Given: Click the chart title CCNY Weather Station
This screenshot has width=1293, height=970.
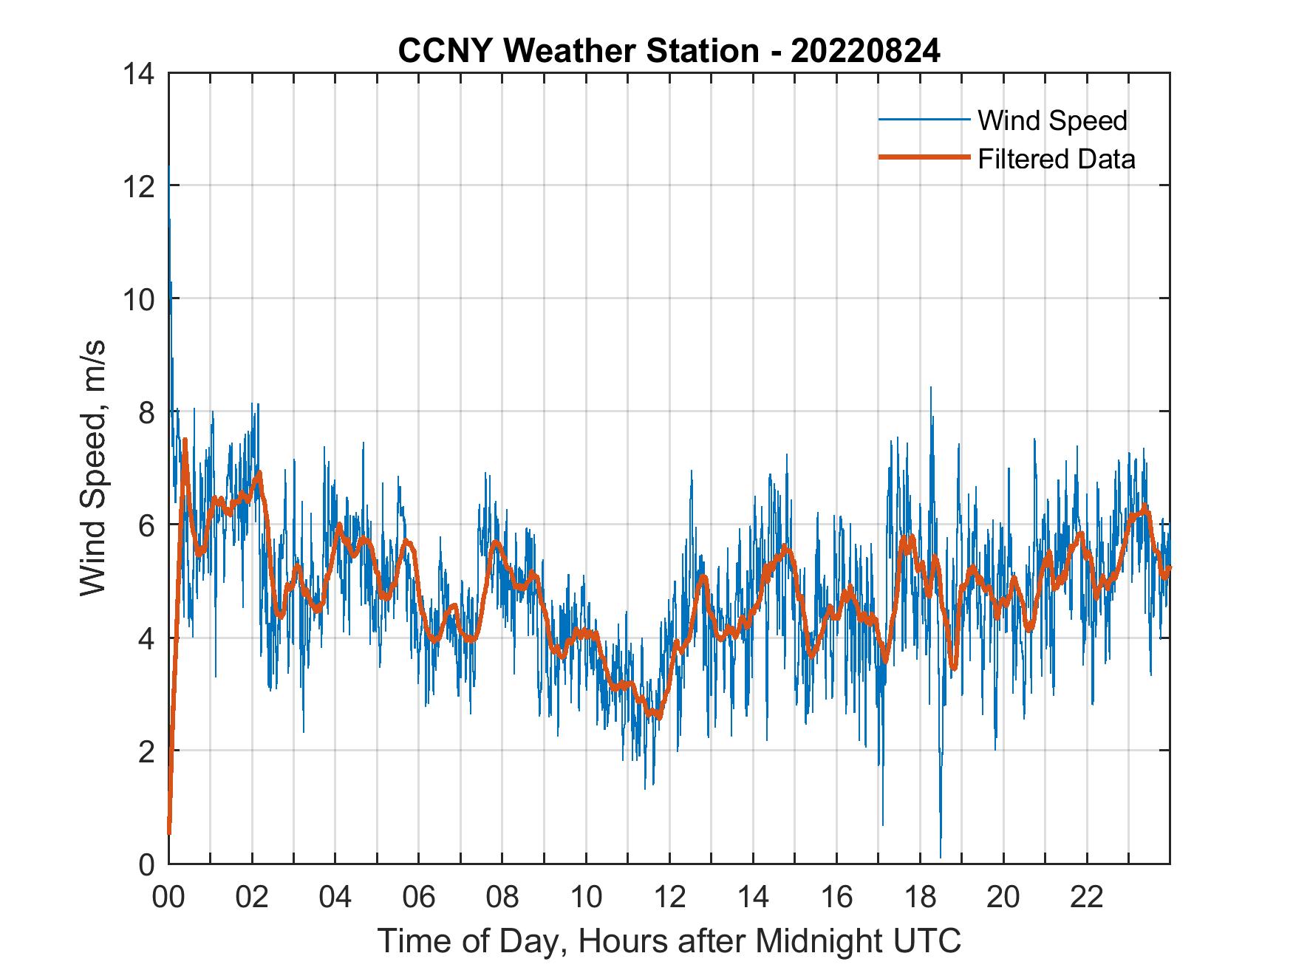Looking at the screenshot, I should tap(578, 51).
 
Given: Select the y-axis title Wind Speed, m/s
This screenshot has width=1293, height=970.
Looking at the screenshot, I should tap(93, 468).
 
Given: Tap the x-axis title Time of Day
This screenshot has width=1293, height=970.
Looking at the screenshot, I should tap(669, 940).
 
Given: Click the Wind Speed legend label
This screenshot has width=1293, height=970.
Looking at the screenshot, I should tap(1052, 120).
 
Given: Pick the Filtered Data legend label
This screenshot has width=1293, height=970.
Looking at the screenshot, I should tap(1056, 159).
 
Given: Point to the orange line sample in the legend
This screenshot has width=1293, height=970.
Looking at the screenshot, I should tap(924, 157).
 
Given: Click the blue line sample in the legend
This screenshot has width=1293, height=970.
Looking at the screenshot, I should tap(924, 120).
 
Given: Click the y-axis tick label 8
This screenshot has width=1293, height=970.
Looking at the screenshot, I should tap(146, 412).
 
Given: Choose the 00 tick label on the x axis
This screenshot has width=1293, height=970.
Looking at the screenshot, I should tap(168, 898).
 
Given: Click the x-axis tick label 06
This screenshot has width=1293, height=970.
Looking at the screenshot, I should tap(419, 898).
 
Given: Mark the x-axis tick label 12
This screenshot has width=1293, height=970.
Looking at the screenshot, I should tap(669, 898).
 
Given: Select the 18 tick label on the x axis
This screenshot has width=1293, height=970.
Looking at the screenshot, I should tap(920, 898).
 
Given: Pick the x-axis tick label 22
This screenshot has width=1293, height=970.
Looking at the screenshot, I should tap(1087, 898).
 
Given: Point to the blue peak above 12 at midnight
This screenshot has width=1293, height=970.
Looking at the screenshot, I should tap(169, 170).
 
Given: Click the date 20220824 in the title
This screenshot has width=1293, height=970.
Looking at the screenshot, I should tap(865, 51).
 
